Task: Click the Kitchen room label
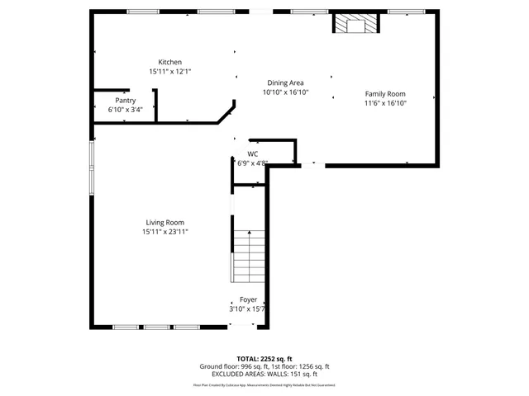tap(170, 62)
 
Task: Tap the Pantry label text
tap(125, 100)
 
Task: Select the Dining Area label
tap(284, 82)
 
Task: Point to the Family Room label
tap(385, 94)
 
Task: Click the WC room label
tap(252, 154)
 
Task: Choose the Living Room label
tap(164, 222)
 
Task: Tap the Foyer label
tap(248, 299)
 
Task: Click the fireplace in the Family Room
tap(355, 24)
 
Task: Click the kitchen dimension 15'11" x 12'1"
tap(170, 72)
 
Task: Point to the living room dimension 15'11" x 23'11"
tap(164, 232)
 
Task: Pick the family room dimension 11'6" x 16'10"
tap(385, 103)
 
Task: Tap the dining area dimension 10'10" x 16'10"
tap(284, 92)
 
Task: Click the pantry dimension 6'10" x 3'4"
tap(125, 109)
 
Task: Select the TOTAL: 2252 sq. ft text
tap(264, 359)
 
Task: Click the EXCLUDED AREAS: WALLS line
tap(264, 374)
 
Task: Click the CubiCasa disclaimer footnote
tap(264, 384)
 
